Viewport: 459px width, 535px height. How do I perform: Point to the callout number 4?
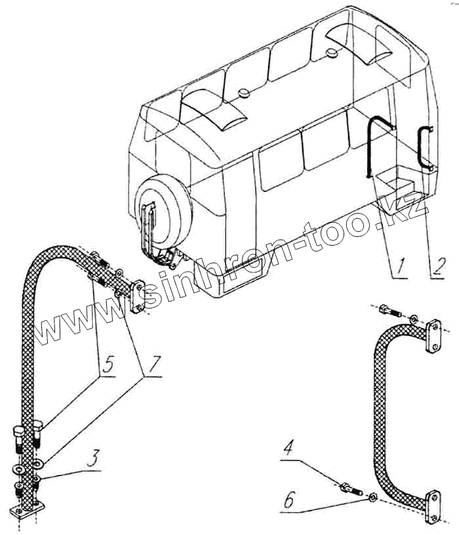pyautogui.click(x=289, y=450)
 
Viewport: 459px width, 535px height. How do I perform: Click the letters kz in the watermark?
pyautogui.click(x=411, y=213)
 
